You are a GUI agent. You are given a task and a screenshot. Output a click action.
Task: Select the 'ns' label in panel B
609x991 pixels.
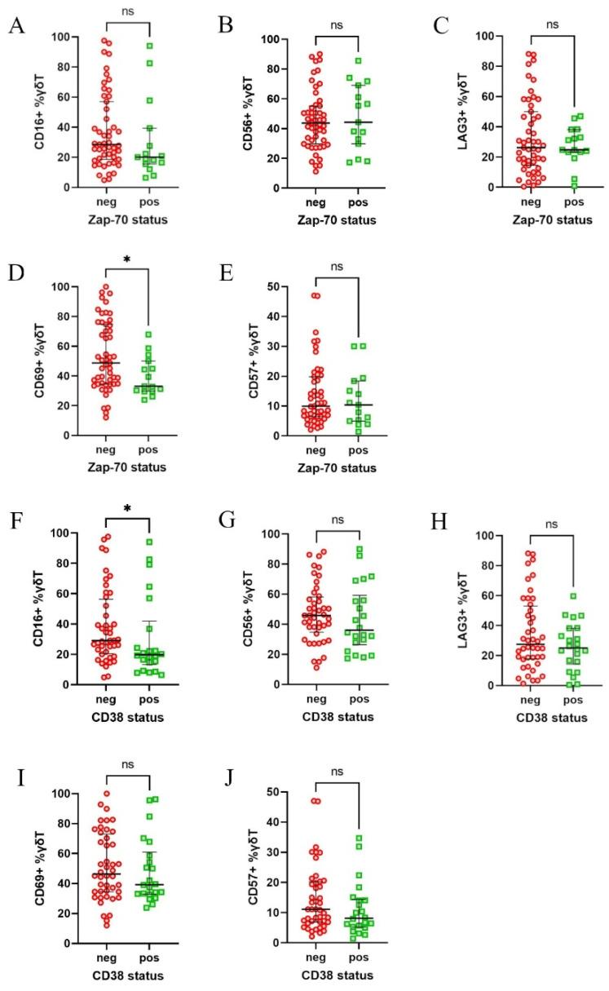pyautogui.click(x=336, y=25)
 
